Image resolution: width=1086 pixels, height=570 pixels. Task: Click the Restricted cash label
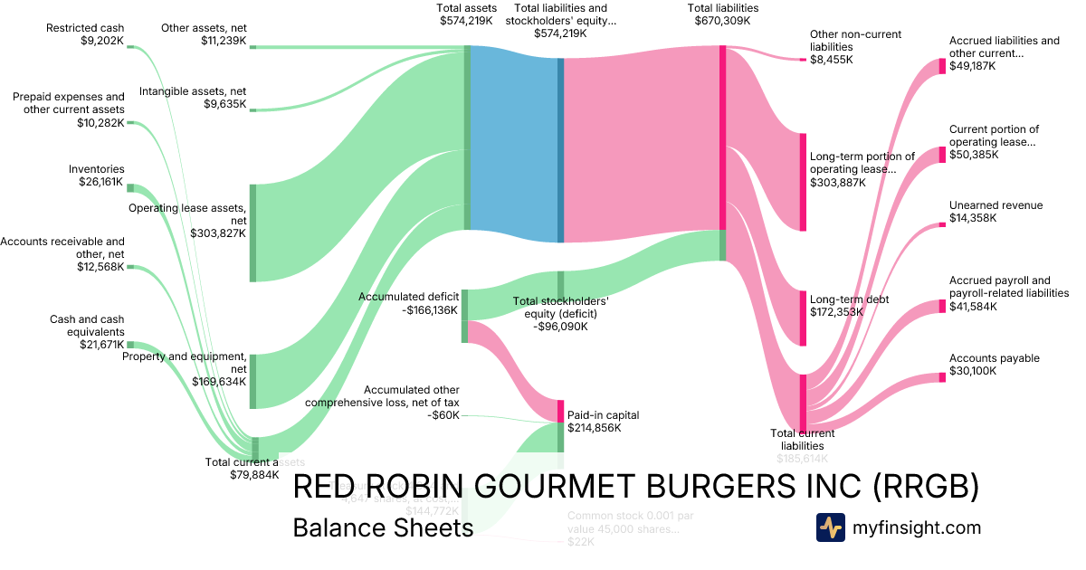tap(85, 28)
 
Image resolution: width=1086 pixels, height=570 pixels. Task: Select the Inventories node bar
tap(130, 187)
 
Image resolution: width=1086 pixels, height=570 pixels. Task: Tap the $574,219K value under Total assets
tap(467, 21)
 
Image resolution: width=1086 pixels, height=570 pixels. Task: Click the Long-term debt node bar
tap(803, 318)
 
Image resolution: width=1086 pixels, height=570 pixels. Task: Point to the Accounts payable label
tap(994, 358)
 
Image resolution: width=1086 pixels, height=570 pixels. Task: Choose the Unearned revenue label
tap(995, 205)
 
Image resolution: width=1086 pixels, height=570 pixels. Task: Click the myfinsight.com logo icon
tap(830, 527)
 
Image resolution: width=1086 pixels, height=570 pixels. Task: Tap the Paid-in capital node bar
tap(560, 411)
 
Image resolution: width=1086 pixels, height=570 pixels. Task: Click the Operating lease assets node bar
tap(253, 233)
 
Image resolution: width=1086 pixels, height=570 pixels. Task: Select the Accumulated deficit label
tap(409, 296)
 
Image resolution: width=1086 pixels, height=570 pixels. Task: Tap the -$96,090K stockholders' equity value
tap(560, 327)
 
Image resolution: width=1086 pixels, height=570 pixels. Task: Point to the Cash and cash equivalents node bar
tap(130, 345)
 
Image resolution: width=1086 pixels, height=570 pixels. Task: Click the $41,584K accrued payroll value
tap(973, 308)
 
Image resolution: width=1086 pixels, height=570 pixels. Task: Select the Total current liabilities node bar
tap(803, 403)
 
